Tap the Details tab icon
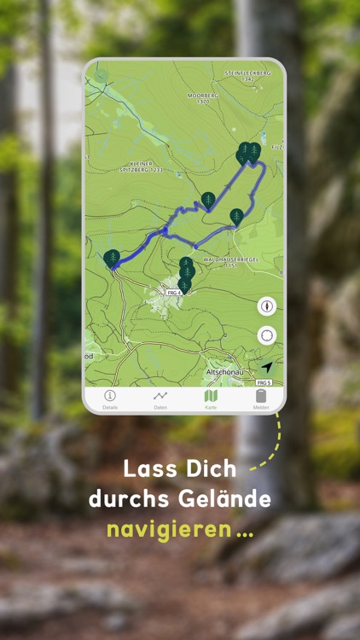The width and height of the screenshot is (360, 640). [110, 396]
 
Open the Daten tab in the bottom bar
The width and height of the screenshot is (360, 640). [160, 396]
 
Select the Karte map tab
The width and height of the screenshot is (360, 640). [211, 396]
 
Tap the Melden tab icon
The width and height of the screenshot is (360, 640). [261, 396]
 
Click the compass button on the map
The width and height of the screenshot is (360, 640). [267, 306]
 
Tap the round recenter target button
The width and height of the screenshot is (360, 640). [267, 335]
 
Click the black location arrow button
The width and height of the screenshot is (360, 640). [267, 367]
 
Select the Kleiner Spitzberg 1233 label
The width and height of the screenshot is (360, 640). [128, 166]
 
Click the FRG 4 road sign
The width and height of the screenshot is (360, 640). [174, 293]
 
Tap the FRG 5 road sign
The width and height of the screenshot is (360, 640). [264, 382]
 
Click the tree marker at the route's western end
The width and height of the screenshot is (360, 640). [112, 257]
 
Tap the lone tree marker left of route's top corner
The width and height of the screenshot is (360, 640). [209, 200]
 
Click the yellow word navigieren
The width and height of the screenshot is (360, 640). [169, 529]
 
